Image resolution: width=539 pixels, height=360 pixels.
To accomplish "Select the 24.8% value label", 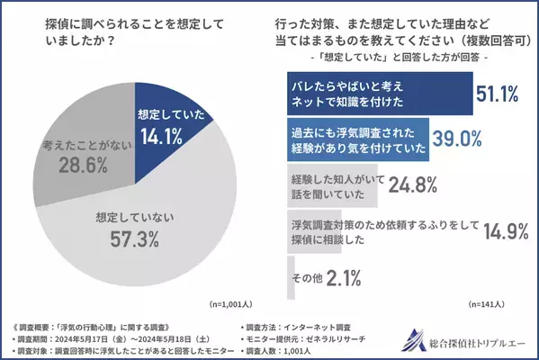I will coord(413,185).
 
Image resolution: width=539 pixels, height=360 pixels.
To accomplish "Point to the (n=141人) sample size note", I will coord(495,306).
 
